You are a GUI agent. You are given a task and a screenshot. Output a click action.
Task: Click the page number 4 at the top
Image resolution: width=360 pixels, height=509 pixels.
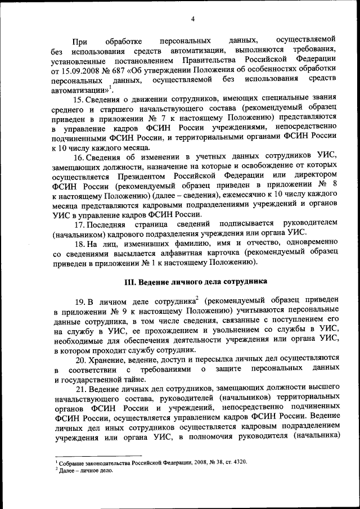[193, 20]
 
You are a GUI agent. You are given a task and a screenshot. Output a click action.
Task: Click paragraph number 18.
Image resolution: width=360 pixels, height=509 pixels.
[80, 246]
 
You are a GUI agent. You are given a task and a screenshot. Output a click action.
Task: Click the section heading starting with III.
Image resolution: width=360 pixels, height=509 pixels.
[195, 282]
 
